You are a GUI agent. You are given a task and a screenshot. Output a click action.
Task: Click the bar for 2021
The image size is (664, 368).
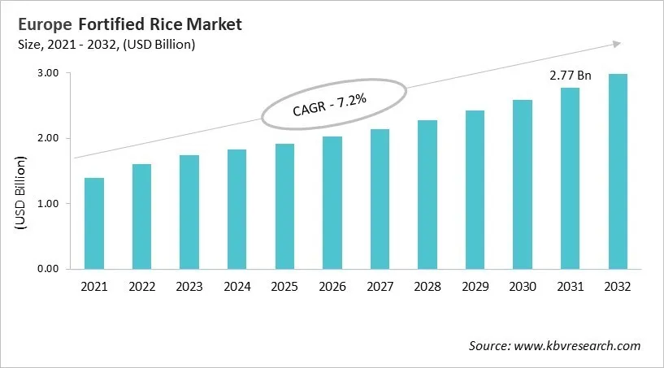pyautogui.click(x=94, y=223)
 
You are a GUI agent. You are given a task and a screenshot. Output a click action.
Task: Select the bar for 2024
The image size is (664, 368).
pyautogui.click(x=237, y=209)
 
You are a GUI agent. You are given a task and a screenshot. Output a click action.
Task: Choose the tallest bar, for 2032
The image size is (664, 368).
pyautogui.click(x=618, y=171)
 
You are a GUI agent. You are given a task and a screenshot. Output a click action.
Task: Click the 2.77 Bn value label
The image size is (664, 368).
pyautogui.click(x=570, y=76)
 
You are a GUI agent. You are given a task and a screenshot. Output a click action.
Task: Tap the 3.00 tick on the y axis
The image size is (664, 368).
pyautogui.click(x=48, y=73)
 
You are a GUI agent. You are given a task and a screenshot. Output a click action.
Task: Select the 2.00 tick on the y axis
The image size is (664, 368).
pyautogui.click(x=48, y=138)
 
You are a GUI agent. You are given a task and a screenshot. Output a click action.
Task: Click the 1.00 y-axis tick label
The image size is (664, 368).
pyautogui.click(x=48, y=203)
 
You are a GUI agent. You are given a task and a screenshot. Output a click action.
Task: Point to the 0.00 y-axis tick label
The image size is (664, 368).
pyautogui.click(x=48, y=269)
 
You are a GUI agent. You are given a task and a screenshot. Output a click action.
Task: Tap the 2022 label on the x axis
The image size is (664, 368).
pyautogui.click(x=141, y=287)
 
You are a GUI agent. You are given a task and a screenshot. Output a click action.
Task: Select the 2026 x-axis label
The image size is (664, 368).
pyautogui.click(x=332, y=287)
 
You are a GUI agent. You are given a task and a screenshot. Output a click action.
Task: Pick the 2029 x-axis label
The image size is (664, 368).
pyautogui.click(x=475, y=287)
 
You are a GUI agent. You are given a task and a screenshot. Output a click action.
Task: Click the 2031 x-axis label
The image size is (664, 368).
pyautogui.click(x=570, y=287)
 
